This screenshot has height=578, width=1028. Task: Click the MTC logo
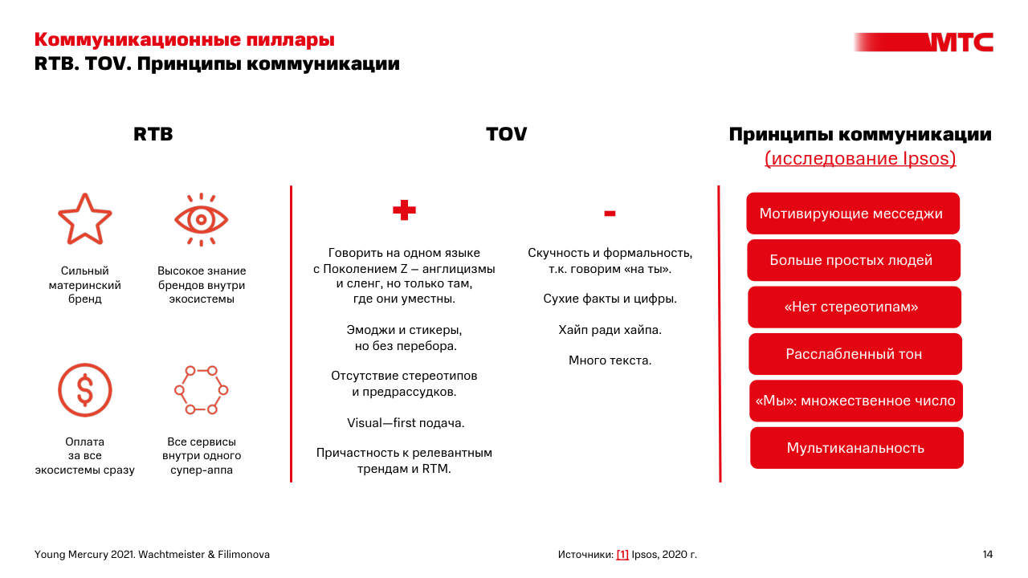tap(960, 42)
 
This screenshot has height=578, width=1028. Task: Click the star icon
tap(84, 218)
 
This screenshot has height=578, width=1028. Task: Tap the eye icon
tap(202, 219)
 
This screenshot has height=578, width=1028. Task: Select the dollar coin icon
tap(84, 390)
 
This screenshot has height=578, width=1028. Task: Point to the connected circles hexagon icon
tap(202, 390)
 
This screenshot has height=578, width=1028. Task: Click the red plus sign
tap(404, 210)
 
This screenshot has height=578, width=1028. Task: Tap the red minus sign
tap(610, 213)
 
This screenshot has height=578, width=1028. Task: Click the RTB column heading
tap(153, 135)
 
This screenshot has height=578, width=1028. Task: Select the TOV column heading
tap(506, 135)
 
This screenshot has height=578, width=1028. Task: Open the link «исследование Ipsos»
tap(860, 159)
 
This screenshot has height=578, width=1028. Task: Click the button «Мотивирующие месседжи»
tap(852, 214)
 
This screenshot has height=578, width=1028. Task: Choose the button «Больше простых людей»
tap(853, 260)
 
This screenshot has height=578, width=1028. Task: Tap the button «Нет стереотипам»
tap(854, 307)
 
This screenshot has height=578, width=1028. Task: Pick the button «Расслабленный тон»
tap(855, 354)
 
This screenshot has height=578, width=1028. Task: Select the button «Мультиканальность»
tap(856, 448)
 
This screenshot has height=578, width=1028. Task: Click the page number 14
tap(987, 555)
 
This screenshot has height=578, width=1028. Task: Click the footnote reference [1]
tap(622, 555)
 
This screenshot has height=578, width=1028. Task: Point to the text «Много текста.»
tap(610, 360)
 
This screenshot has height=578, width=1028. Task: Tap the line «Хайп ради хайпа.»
tap(610, 330)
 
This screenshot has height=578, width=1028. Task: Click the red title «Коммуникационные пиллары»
tap(185, 39)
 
